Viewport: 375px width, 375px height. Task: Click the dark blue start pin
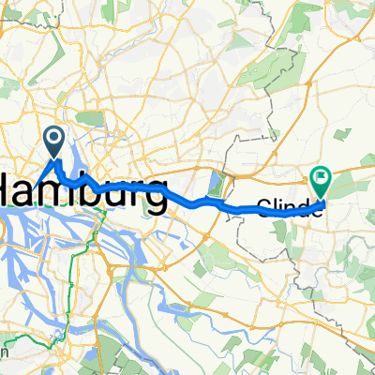(55, 142)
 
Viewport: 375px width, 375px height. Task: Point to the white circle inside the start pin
(55, 140)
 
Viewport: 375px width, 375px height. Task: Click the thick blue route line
(187, 200)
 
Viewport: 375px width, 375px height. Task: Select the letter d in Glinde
(307, 207)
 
